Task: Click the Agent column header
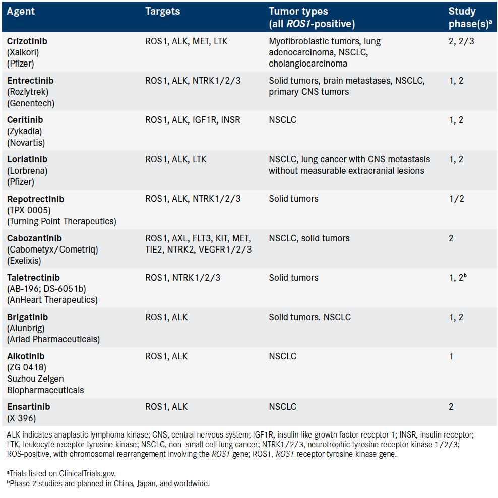click(21, 11)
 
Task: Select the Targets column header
click(163, 11)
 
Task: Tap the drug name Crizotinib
click(27, 41)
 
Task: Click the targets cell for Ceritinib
click(193, 120)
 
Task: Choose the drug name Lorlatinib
click(27, 159)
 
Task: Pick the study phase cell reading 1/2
click(457, 199)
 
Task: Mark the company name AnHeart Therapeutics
click(52, 300)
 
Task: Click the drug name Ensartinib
click(29, 406)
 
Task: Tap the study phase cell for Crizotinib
click(461, 41)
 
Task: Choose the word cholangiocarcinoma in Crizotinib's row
click(308, 64)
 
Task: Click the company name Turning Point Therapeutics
click(61, 221)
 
